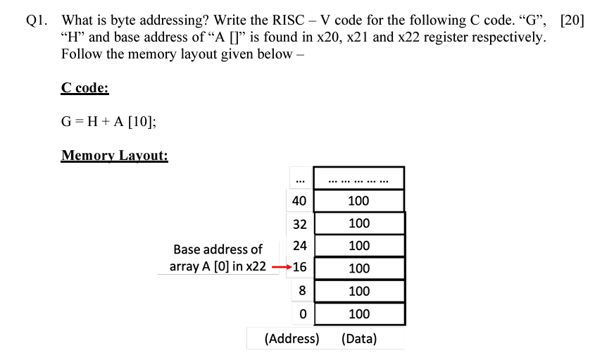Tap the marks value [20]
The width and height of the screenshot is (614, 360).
572,20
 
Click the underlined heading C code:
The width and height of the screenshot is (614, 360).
84,88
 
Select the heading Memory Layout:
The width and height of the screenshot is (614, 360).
114,155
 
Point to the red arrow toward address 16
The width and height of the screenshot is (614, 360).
281,268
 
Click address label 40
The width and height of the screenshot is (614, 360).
299,201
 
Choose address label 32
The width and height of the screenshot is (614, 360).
299,223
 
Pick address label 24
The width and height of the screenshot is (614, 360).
299,246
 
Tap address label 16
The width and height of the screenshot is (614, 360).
299,268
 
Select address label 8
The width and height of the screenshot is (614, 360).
302,290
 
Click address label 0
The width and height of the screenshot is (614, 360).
302,314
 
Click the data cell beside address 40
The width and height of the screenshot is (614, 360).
358,201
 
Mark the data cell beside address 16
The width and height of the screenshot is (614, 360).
358,268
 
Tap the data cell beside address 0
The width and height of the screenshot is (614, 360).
358,314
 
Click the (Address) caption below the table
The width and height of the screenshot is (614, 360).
292,339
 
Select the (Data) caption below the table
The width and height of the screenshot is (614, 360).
358,339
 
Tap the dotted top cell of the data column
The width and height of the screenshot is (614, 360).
358,179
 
